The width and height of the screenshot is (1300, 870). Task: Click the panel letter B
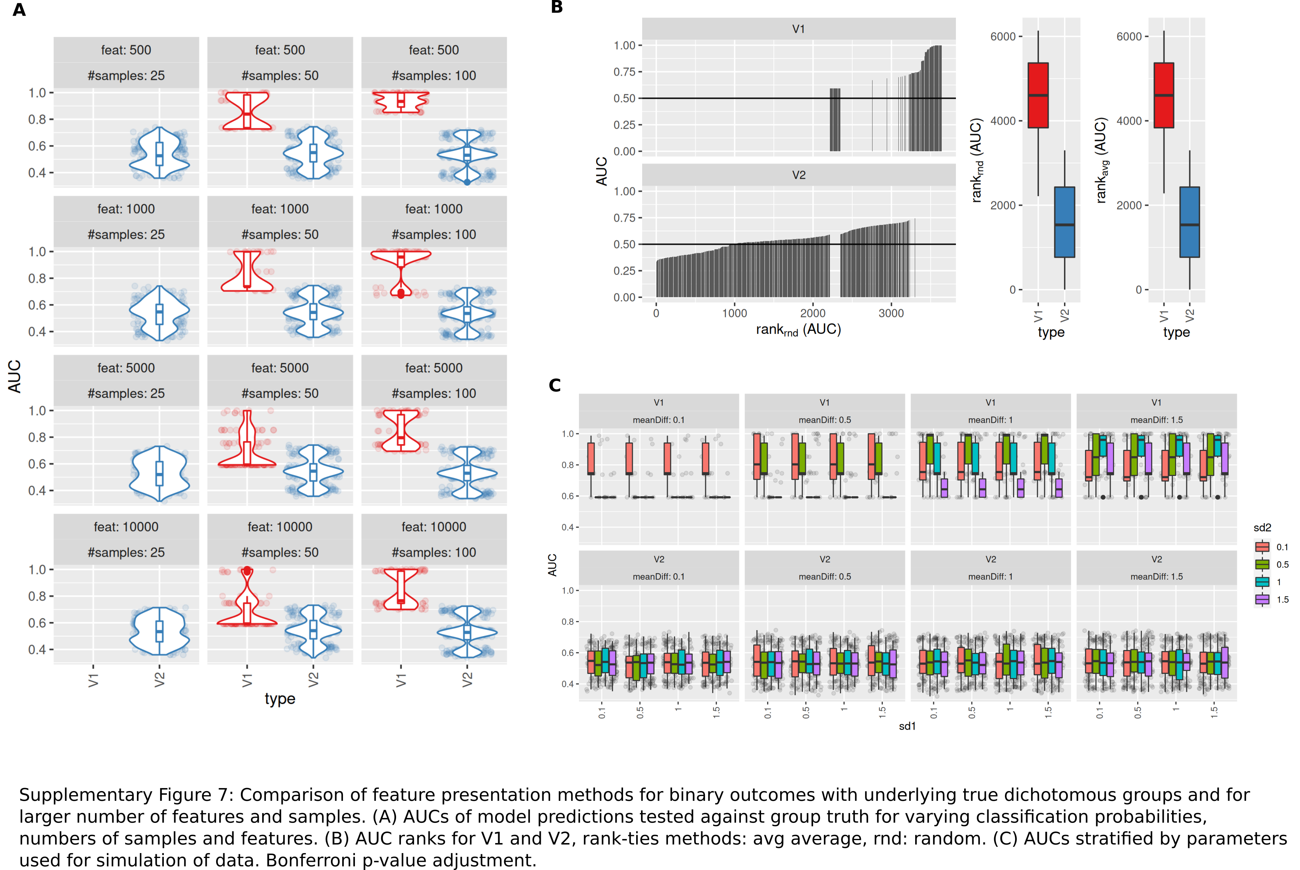[x=557, y=7]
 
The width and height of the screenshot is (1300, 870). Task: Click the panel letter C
[x=555, y=385]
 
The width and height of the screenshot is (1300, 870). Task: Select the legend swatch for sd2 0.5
[x=1262, y=564]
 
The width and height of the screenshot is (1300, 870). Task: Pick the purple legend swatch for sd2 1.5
[x=1262, y=599]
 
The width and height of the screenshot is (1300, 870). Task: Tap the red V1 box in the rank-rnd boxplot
[x=1038, y=95]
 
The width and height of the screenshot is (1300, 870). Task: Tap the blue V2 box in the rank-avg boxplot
[x=1190, y=222]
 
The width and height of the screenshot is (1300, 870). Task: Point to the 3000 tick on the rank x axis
[x=891, y=313]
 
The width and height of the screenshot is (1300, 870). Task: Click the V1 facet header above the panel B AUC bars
[x=798, y=29]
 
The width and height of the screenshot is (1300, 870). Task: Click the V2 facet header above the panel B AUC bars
[x=798, y=175]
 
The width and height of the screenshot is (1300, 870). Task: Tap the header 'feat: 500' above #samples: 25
[x=126, y=50]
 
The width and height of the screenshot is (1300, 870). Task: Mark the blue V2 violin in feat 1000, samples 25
[x=159, y=313]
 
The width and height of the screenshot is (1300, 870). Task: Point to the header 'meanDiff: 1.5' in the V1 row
[x=1156, y=420]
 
